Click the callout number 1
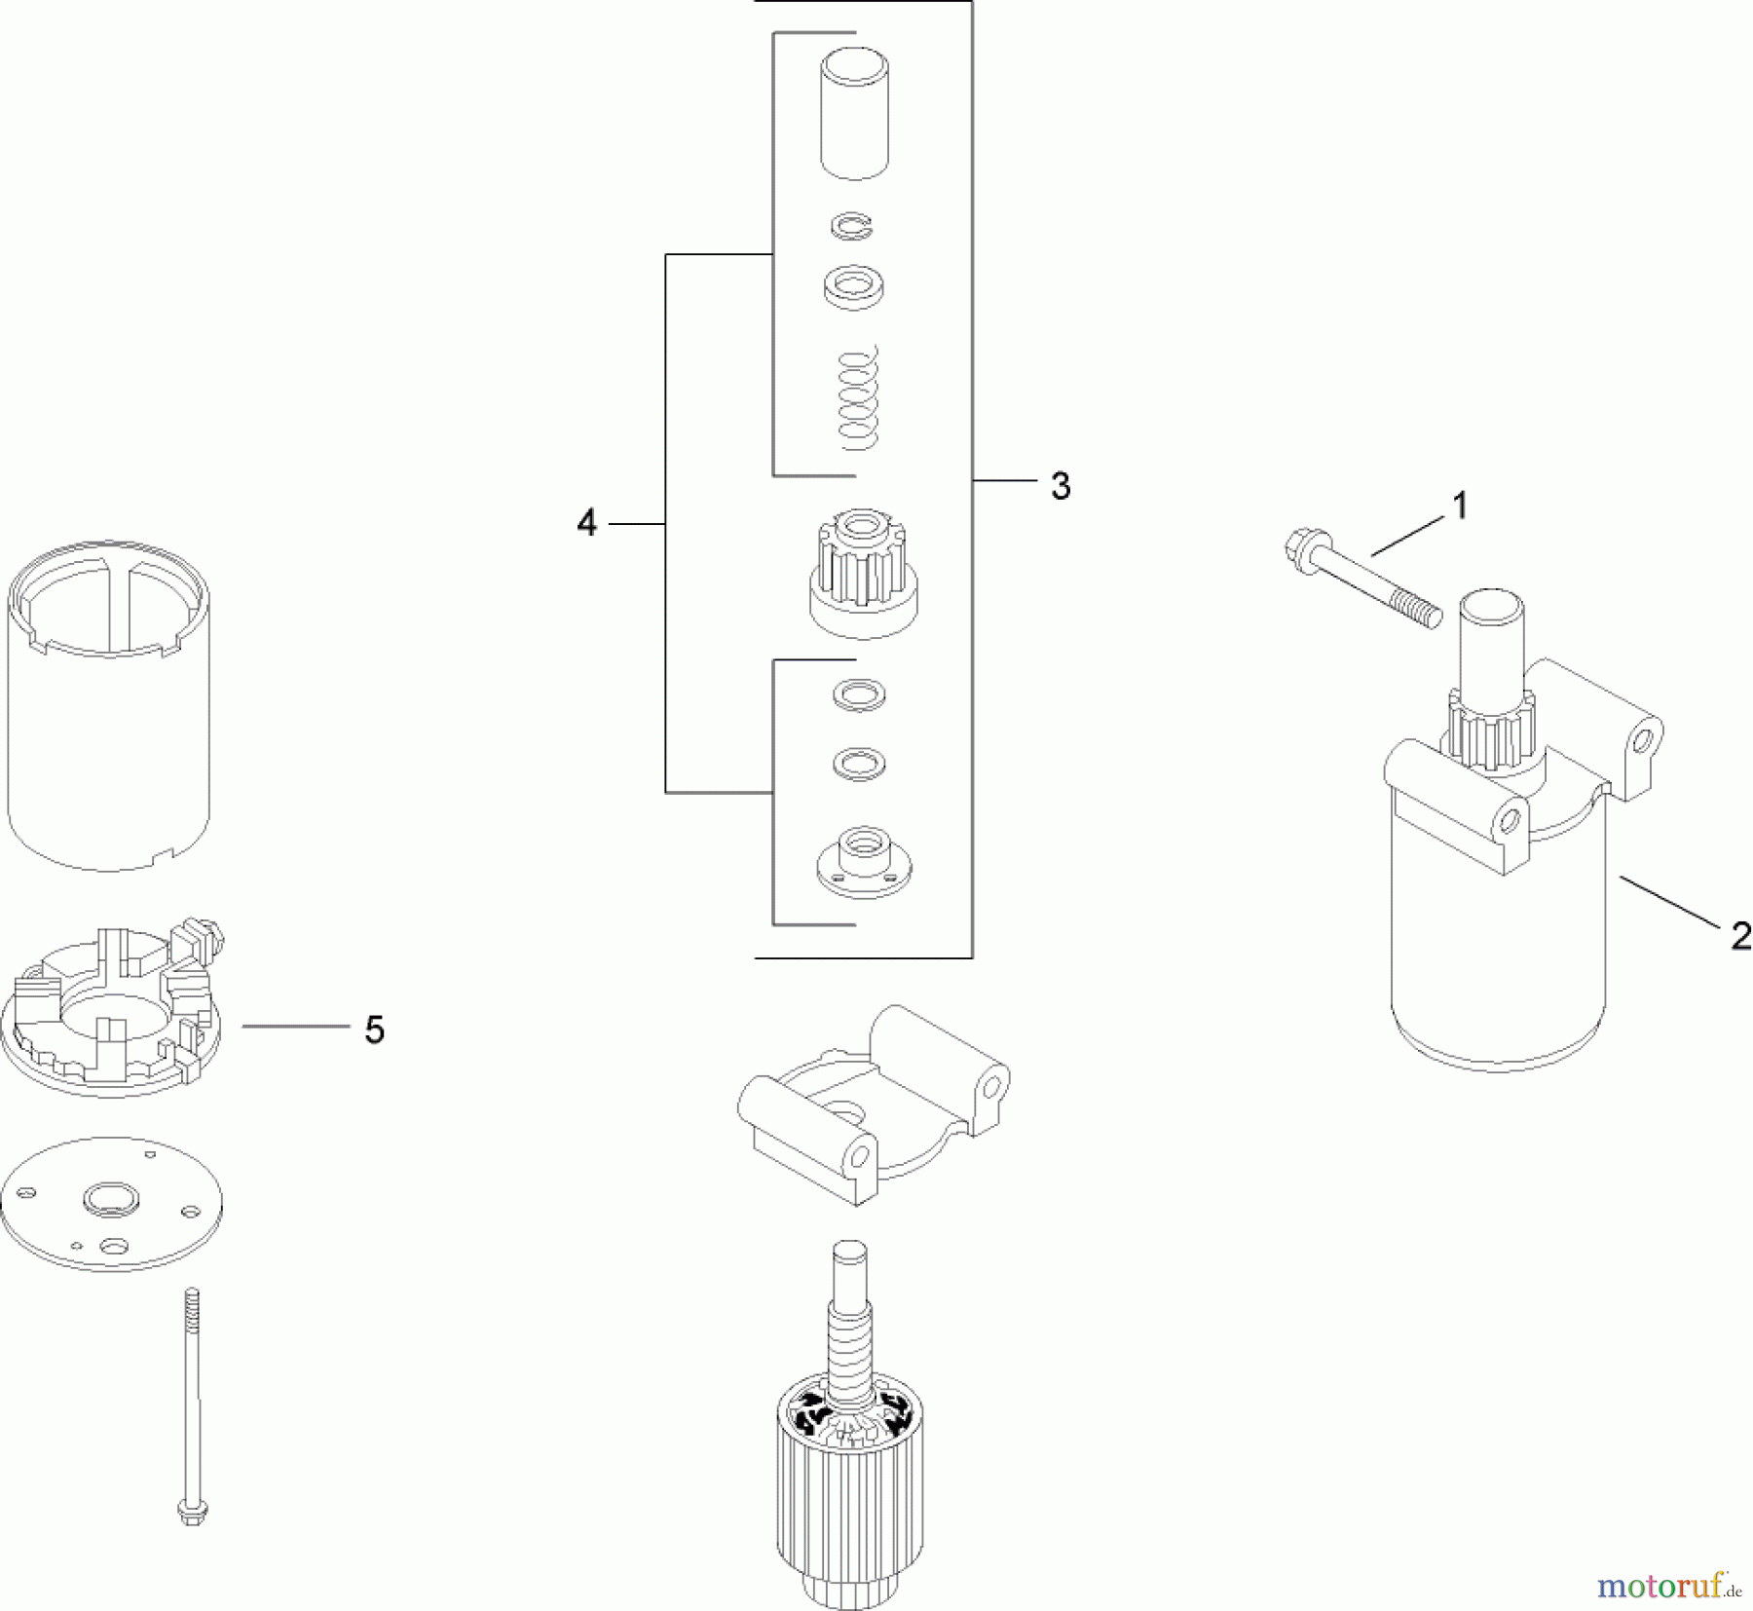click(1459, 506)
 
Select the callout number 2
click(1740, 936)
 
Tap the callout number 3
click(1061, 486)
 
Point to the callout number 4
click(586, 523)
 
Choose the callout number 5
click(375, 1030)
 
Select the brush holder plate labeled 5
click(112, 1013)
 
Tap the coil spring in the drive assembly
click(858, 399)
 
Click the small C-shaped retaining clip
click(852, 227)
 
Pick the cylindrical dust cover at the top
click(854, 115)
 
